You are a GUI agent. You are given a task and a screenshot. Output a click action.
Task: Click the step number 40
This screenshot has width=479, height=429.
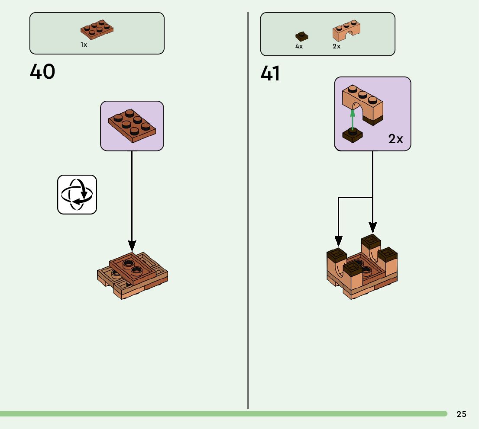(42, 72)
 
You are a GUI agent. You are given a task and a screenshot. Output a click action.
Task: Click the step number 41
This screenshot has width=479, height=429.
(270, 74)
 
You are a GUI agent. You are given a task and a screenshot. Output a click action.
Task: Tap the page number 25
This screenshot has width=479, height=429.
(461, 414)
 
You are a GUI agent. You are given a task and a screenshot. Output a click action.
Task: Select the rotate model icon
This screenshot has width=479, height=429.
(77, 195)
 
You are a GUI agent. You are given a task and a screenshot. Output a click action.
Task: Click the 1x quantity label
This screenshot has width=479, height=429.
(84, 45)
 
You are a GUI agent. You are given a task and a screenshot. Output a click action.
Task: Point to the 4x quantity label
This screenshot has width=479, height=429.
(299, 46)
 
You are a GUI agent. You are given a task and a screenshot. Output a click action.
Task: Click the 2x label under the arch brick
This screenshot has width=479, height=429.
(337, 46)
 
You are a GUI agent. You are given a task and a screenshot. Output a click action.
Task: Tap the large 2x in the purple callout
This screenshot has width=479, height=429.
(395, 139)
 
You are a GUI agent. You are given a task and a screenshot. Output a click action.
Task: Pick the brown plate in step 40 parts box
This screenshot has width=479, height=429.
(97, 29)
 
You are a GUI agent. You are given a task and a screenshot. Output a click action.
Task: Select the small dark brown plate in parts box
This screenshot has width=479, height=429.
(301, 36)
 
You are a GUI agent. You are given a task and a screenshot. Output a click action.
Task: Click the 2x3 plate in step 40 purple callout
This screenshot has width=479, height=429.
(132, 125)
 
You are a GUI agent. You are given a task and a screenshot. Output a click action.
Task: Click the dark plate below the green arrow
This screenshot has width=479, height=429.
(353, 135)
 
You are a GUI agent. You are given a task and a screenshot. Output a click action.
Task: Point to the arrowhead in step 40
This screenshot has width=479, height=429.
(132, 247)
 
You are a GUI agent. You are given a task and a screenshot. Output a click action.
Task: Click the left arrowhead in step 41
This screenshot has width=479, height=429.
(339, 241)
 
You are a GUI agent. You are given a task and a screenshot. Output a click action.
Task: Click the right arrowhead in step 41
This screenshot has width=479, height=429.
(372, 227)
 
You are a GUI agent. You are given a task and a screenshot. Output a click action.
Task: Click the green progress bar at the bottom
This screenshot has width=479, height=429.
(217, 414)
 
